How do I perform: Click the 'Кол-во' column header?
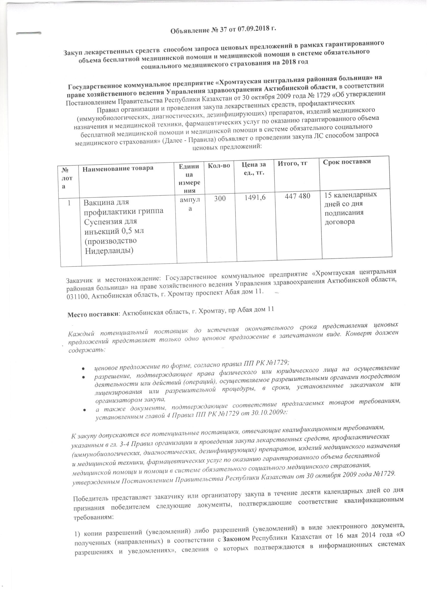click(219, 165)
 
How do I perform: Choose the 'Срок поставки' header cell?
click(347, 161)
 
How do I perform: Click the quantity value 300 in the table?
click(220, 199)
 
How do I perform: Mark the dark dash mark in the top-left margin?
click(29, 33)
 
